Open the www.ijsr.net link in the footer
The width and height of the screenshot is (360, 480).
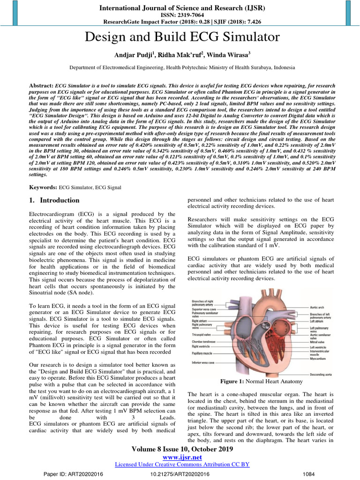pos(180,457)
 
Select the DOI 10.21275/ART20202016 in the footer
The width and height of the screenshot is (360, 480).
pos(180,474)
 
